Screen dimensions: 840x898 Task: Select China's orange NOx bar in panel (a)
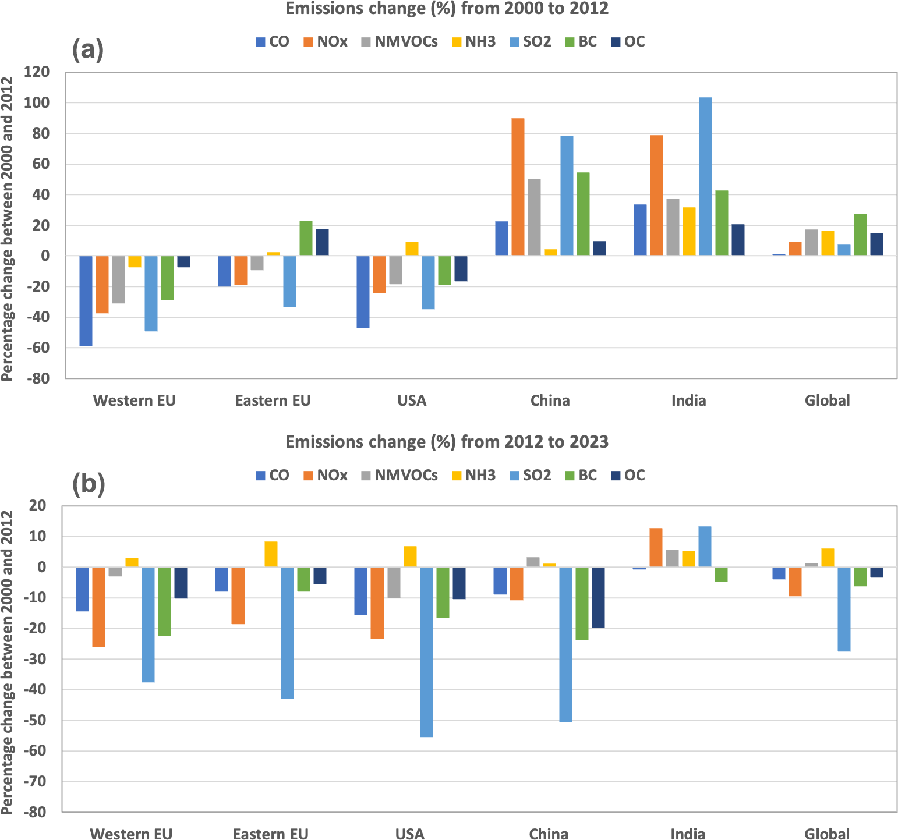click(518, 187)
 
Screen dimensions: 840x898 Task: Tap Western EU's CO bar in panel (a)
click(86, 300)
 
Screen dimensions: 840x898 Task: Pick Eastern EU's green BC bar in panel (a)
click(306, 238)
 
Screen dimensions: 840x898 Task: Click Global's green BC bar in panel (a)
click(860, 235)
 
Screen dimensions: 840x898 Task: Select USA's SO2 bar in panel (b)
click(426, 652)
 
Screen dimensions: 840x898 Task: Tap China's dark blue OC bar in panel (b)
click(599, 597)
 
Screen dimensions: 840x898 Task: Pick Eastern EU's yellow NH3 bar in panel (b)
click(271, 554)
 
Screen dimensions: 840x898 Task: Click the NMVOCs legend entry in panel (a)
click(399, 42)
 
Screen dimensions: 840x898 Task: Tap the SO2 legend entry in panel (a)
click(529, 42)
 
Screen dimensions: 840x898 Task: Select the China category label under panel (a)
click(550, 400)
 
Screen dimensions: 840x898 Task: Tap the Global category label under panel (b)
click(827, 834)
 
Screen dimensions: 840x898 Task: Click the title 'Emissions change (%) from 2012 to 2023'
click(447, 442)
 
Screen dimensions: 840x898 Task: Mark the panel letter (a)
click(87, 50)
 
